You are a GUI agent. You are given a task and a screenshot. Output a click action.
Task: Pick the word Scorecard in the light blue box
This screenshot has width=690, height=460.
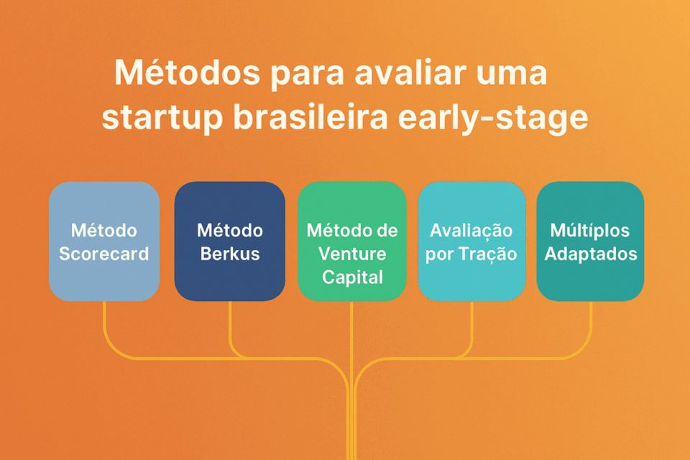(x=104, y=254)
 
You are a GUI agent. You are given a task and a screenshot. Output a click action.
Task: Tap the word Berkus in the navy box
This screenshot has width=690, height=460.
(x=230, y=254)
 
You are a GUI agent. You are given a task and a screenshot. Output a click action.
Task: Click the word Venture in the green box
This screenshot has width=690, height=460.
(x=352, y=254)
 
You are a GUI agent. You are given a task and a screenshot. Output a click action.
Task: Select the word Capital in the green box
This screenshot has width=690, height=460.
(x=352, y=277)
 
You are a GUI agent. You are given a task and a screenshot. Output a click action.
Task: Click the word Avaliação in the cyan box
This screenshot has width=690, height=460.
(x=471, y=231)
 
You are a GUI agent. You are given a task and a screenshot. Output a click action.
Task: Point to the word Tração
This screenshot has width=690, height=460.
(x=492, y=254)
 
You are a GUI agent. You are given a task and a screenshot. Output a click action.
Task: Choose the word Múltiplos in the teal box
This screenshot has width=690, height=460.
(x=590, y=231)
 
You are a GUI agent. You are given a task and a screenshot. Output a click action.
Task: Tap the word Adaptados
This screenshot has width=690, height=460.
(x=590, y=254)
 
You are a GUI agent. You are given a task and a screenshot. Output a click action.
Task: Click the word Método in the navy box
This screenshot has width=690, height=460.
(x=230, y=231)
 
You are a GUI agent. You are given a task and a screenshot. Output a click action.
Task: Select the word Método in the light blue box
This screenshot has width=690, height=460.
(x=104, y=231)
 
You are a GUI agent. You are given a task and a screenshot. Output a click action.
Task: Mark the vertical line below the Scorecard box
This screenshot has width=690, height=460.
(x=105, y=323)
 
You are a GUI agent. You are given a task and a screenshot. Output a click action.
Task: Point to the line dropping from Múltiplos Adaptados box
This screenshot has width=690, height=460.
(x=591, y=323)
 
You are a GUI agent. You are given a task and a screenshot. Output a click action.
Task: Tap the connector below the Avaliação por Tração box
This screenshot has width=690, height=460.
(x=472, y=323)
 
